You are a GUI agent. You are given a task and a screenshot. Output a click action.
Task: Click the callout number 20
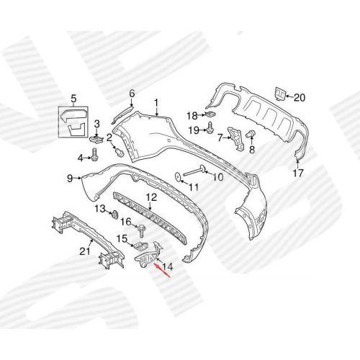coord(299,98)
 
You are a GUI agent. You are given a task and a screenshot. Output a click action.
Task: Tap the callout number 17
coord(298,173)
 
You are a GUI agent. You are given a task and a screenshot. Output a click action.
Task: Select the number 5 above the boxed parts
coord(73,99)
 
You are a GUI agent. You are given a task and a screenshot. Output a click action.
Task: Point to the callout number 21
coord(85,251)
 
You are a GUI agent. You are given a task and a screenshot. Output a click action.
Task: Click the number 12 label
coord(152,197)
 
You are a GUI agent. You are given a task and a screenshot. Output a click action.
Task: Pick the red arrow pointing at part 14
coord(162,271)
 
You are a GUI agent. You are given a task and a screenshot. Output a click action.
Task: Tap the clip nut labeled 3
coord(96,139)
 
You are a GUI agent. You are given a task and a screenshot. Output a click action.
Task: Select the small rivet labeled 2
coord(119,152)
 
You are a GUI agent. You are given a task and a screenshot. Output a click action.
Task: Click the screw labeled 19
coord(210,127)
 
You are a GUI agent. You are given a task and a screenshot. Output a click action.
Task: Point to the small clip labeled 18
coord(210,114)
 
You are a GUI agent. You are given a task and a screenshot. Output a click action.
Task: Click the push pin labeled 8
coord(251,134)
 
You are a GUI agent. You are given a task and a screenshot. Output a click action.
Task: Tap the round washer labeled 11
coord(179,176)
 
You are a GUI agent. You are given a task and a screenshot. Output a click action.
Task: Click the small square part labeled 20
coord(280,94)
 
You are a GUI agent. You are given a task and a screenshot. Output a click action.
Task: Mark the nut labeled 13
coord(114,214)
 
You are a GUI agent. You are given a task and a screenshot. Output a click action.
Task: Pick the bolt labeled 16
coord(140,232)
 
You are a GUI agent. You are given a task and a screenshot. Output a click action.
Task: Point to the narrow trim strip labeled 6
coord(122,114)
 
